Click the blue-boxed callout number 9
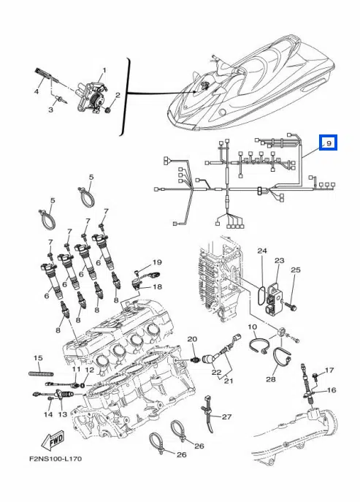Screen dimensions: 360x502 point(329,142)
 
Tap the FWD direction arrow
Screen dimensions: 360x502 point(53,440)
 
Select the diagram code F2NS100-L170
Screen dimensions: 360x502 point(55,459)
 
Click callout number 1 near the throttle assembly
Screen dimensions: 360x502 point(104,70)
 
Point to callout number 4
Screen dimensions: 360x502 point(37,92)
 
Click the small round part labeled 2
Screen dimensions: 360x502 point(108,110)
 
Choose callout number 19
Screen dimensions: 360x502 point(157,262)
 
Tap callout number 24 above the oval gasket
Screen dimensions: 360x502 point(262,251)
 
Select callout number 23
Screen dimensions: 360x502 point(280,260)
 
